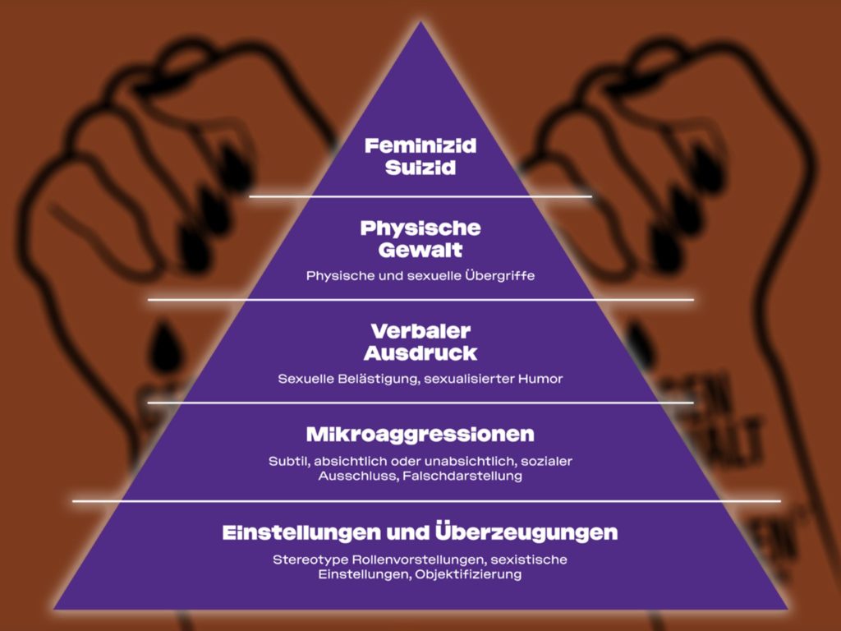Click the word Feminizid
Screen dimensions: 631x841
click(x=420, y=147)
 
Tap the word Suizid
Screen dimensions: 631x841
click(x=420, y=170)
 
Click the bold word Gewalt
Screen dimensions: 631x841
click(x=420, y=250)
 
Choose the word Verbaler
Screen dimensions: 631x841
click(x=420, y=332)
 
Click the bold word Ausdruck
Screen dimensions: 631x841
click(x=420, y=353)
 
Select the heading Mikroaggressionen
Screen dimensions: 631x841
click(x=420, y=434)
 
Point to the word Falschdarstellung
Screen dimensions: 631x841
click(x=462, y=477)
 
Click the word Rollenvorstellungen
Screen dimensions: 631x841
click(x=406, y=560)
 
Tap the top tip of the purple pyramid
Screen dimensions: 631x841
click(x=420, y=25)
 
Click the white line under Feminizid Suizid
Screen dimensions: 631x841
click(x=420, y=196)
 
